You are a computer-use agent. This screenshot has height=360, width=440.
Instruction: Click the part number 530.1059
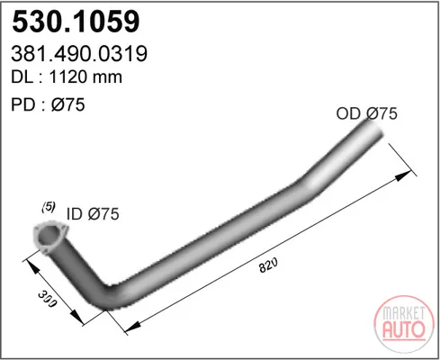pyautogui.click(x=76, y=22)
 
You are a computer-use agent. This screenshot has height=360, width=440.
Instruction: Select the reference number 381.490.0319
pyautogui.click(x=79, y=54)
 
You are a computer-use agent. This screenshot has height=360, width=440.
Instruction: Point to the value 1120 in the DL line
pyautogui.click(x=68, y=77)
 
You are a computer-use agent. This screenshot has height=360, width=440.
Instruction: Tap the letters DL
pyautogui.click(x=22, y=77)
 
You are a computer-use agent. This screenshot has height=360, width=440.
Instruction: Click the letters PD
pyautogui.click(x=22, y=104)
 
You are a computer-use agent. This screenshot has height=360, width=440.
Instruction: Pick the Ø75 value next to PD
pyautogui.click(x=68, y=104)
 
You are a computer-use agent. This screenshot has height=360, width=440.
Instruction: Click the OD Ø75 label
pyautogui.click(x=367, y=113)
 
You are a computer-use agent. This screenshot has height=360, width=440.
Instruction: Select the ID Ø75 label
pyautogui.click(x=93, y=214)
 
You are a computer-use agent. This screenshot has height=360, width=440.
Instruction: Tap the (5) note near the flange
pyautogui.click(x=49, y=207)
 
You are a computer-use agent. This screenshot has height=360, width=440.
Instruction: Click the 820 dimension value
pyautogui.click(x=268, y=265)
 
